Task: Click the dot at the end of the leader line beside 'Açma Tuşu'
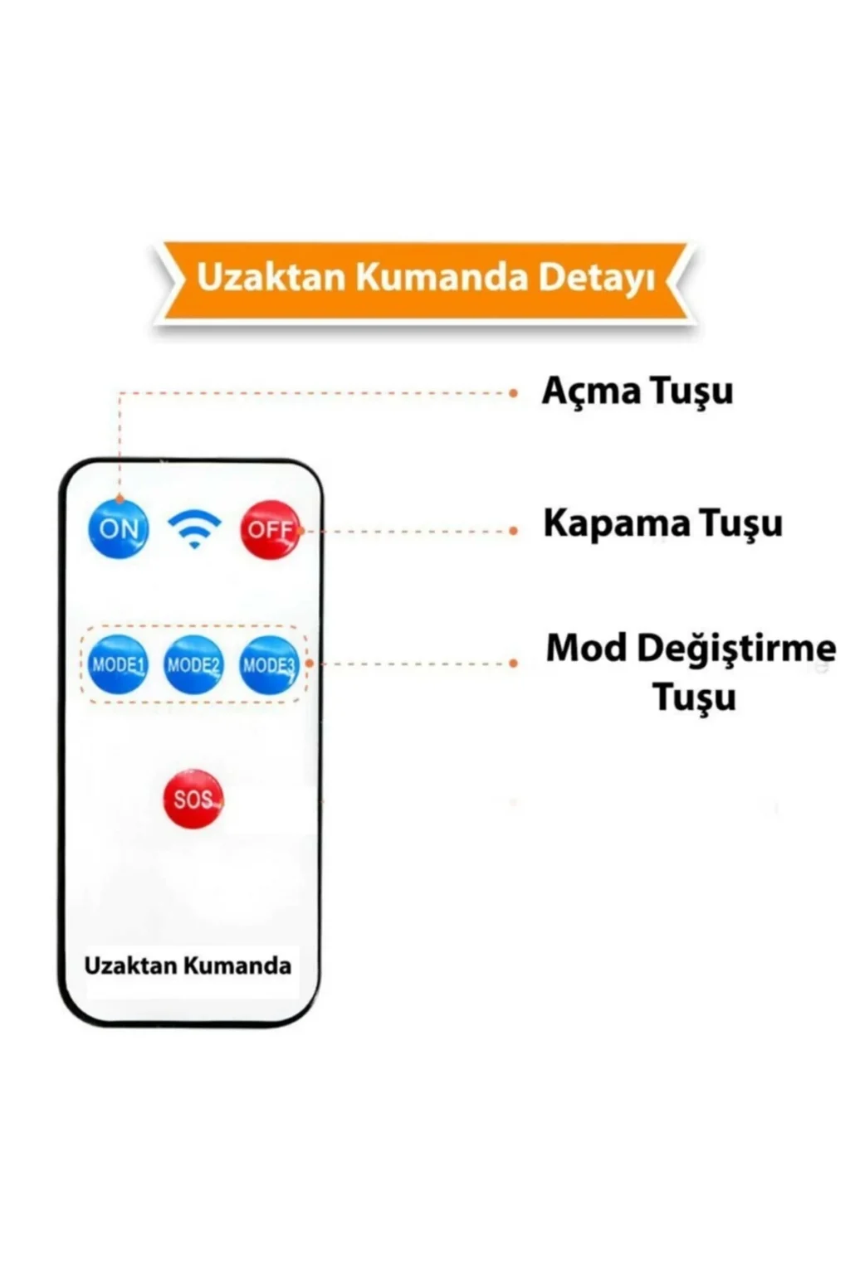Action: coord(514,393)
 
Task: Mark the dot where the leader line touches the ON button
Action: coord(120,498)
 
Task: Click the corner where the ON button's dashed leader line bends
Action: coord(120,393)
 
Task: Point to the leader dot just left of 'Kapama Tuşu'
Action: coord(514,531)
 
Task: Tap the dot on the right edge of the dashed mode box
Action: coord(309,664)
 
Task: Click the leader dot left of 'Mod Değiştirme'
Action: coord(514,664)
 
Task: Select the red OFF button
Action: coord(270,529)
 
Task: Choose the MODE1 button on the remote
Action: coord(119,664)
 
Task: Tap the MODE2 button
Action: coord(193,664)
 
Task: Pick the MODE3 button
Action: coord(269,664)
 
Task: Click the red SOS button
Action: coord(193,799)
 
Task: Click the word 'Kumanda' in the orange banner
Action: coord(442,278)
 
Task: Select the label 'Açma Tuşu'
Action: coord(637,392)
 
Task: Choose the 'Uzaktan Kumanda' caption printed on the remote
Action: coord(188,965)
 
